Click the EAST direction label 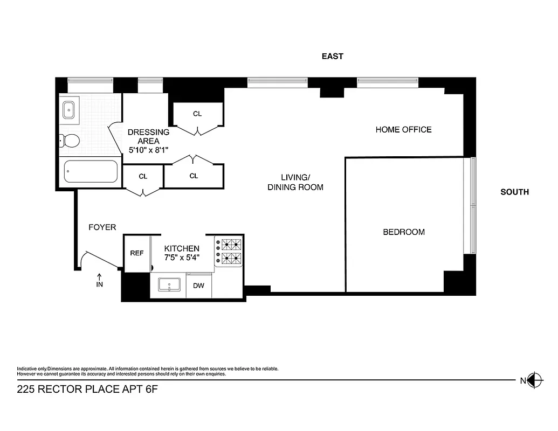[332, 56]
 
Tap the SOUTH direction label [514, 192]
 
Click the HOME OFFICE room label [403, 129]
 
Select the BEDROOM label [403, 232]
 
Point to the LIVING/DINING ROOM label [295, 183]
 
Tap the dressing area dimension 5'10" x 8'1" [148, 150]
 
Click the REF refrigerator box [137, 253]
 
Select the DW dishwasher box [198, 286]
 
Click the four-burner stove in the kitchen [229, 251]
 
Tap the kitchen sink [171, 284]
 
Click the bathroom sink [69, 110]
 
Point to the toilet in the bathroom [70, 141]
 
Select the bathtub [91, 172]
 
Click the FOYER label [102, 227]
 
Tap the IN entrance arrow [99, 280]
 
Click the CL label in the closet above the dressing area [197, 114]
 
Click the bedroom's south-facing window [473, 205]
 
